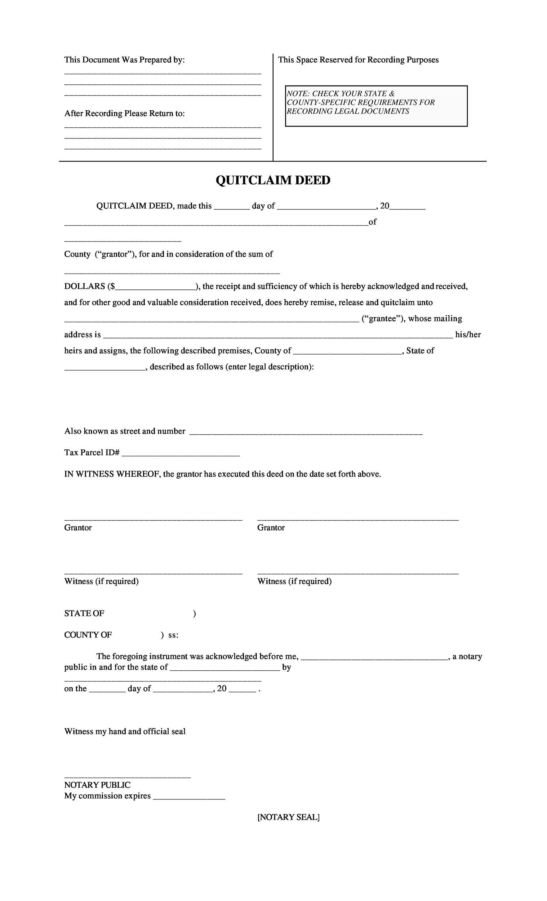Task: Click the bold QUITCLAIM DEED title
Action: click(273, 180)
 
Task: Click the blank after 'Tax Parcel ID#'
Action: click(181, 453)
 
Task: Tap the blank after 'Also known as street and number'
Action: click(306, 431)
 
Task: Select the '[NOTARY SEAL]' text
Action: click(288, 817)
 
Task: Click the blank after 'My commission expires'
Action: click(189, 796)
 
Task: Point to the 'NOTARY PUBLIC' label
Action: click(97, 785)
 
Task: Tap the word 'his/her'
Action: click(468, 334)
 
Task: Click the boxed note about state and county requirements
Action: click(376, 106)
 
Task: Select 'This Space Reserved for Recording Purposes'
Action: click(358, 60)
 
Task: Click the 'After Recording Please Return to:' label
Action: click(124, 114)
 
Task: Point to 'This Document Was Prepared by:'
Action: click(124, 60)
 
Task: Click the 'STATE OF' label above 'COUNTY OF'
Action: click(84, 614)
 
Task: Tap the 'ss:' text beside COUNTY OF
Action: click(173, 635)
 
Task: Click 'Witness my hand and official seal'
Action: click(125, 731)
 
